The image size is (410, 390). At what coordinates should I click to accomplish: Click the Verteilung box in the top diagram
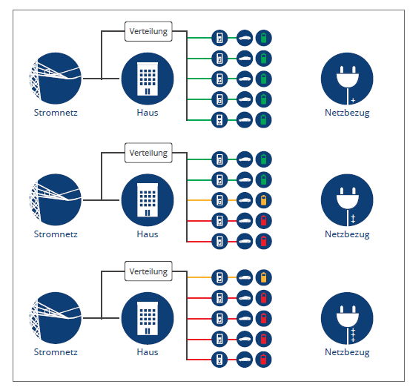coord(148,31)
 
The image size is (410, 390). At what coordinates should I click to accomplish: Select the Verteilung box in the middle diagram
coord(148,153)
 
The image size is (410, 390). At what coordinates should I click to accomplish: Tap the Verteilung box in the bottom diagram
coord(148,271)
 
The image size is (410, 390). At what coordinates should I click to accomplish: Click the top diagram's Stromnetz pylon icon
coord(56,79)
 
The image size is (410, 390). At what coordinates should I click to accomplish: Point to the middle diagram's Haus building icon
coord(148,200)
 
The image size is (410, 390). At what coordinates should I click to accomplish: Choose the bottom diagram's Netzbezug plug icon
coord(347,318)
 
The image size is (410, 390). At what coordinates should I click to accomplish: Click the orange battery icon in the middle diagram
coord(264,200)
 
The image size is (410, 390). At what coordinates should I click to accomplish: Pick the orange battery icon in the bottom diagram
coord(264,277)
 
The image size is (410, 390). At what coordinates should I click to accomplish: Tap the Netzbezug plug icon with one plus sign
coord(347,79)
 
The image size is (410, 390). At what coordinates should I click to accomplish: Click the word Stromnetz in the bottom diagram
coord(56,352)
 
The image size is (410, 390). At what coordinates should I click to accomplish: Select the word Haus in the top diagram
coord(148,113)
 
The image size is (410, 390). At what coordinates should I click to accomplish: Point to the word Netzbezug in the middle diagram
coord(347,234)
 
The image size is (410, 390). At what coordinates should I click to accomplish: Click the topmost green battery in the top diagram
coord(264,38)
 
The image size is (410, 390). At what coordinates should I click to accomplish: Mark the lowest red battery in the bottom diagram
coord(264,360)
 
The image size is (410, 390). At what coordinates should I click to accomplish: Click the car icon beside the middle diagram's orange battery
coord(245,200)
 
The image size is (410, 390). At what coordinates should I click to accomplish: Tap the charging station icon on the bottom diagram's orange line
coord(219,277)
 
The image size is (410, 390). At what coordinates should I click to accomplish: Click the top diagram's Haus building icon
coord(148,79)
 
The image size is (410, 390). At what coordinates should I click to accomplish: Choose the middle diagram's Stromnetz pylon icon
coord(56,200)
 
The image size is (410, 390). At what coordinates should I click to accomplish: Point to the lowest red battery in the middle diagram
coord(264,241)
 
